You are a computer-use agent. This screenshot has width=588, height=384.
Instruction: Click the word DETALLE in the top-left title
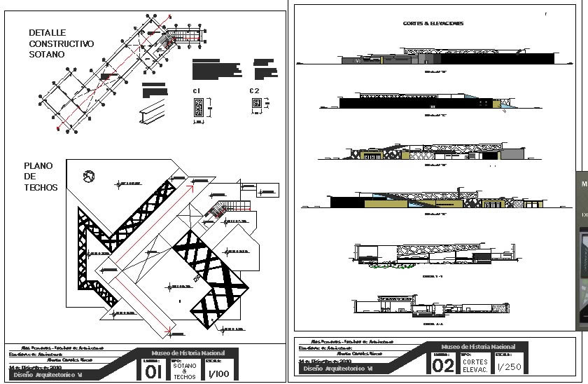(48, 32)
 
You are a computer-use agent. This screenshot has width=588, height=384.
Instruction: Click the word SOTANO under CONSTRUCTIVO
(47, 54)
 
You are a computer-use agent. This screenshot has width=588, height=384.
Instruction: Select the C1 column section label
(197, 91)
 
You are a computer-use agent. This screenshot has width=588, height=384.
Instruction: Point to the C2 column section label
(254, 91)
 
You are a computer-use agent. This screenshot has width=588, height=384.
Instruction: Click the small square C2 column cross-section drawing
(256, 103)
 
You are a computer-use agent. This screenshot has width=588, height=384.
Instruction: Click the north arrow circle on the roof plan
(88, 176)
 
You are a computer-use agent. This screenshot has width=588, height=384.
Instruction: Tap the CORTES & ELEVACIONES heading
(433, 23)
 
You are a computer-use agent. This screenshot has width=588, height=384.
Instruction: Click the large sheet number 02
(443, 366)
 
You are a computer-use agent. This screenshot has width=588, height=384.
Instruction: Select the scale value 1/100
(220, 374)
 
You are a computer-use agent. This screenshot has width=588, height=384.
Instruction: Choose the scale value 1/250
(510, 366)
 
